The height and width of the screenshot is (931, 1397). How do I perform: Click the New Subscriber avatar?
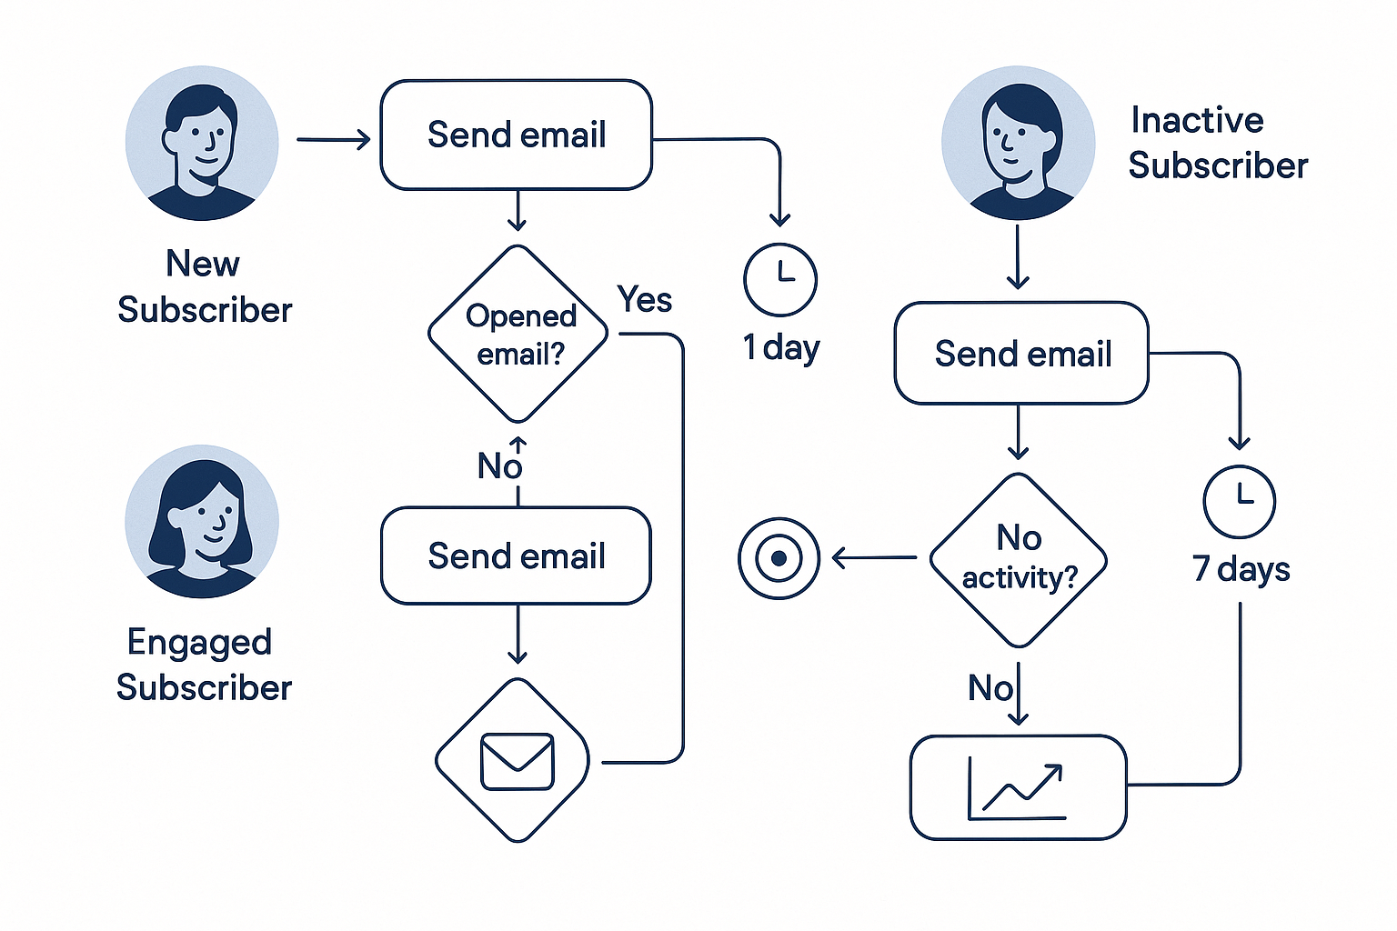pyautogui.click(x=202, y=143)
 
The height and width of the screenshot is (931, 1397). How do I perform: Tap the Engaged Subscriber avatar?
pyautogui.click(x=202, y=521)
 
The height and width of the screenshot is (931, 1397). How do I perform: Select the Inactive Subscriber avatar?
pyautogui.click(x=1018, y=143)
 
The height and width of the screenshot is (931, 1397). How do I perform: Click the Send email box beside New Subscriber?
pyautogui.click(x=516, y=135)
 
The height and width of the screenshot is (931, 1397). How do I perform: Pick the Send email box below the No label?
pyautogui.click(x=516, y=556)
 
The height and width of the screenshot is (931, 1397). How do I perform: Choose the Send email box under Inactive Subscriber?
pyautogui.click(x=1021, y=354)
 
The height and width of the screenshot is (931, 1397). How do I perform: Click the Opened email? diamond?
pyautogui.click(x=518, y=335)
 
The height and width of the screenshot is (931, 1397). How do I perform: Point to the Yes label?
pyautogui.click(x=644, y=299)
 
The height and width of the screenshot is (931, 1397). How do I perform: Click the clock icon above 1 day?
pyautogui.click(x=780, y=279)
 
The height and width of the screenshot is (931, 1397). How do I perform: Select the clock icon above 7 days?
pyautogui.click(x=1239, y=501)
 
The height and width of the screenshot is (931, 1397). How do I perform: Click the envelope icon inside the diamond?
pyautogui.click(x=517, y=761)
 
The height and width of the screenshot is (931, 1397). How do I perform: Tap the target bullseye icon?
pyautogui.click(x=779, y=558)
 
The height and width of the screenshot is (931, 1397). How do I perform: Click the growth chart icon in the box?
pyautogui.click(x=1017, y=788)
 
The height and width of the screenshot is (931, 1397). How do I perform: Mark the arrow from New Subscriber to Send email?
pyautogui.click(x=334, y=140)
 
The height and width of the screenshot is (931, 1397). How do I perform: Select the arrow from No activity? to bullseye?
pyautogui.click(x=873, y=557)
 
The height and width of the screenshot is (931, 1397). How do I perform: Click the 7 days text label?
pyautogui.click(x=1241, y=570)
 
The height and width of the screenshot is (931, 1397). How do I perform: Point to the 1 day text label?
pyautogui.click(x=781, y=348)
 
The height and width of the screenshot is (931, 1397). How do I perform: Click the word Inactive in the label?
pyautogui.click(x=1197, y=120)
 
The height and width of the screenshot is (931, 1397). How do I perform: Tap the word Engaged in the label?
pyautogui.click(x=199, y=643)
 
